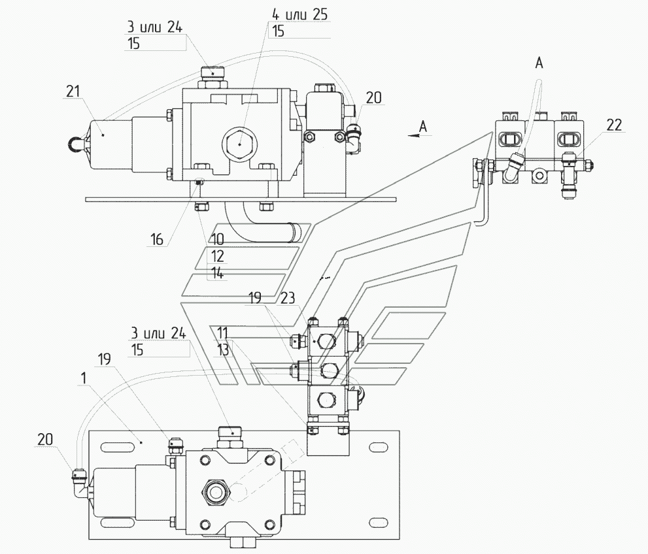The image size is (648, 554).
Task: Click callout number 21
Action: pos(73,91)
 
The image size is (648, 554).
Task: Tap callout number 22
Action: pos(614,125)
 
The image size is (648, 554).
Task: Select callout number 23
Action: pos(288,298)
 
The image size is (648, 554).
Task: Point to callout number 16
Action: pos(157,239)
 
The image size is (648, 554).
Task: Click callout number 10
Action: pos(217,239)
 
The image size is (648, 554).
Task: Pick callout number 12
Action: pos(217,256)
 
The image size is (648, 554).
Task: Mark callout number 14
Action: pos(217,273)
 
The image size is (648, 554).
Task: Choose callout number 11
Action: pos(222,333)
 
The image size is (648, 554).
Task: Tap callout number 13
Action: pos(222,350)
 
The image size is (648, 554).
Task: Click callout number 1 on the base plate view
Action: pos(84,378)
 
